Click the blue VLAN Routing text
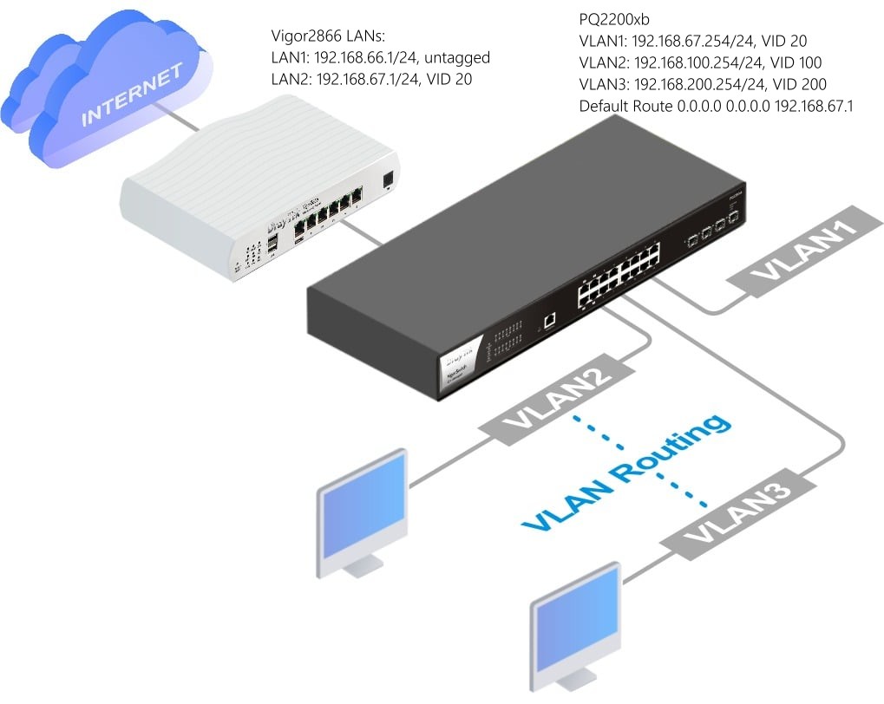pyautogui.click(x=625, y=473)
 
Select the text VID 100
pyautogui.click(x=796, y=62)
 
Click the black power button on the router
pyautogui.click(x=388, y=179)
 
